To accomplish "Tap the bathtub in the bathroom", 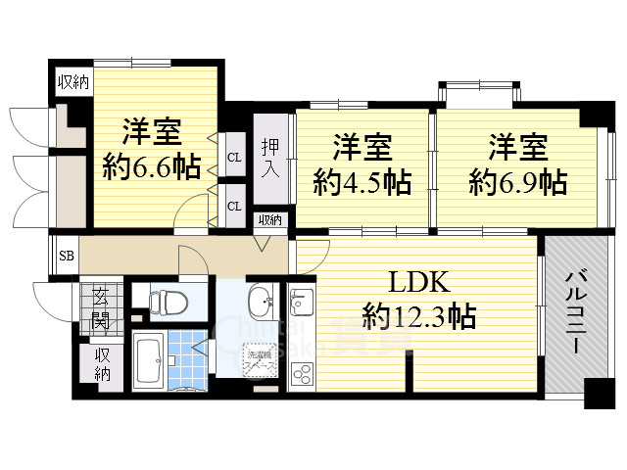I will click(150, 361).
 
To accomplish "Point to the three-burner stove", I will click(301, 371).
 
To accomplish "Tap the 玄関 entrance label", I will click(102, 305).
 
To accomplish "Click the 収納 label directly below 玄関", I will click(103, 364).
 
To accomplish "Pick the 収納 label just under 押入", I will click(269, 220).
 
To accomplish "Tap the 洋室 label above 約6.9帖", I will click(517, 150).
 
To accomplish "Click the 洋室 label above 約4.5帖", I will click(362, 150).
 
